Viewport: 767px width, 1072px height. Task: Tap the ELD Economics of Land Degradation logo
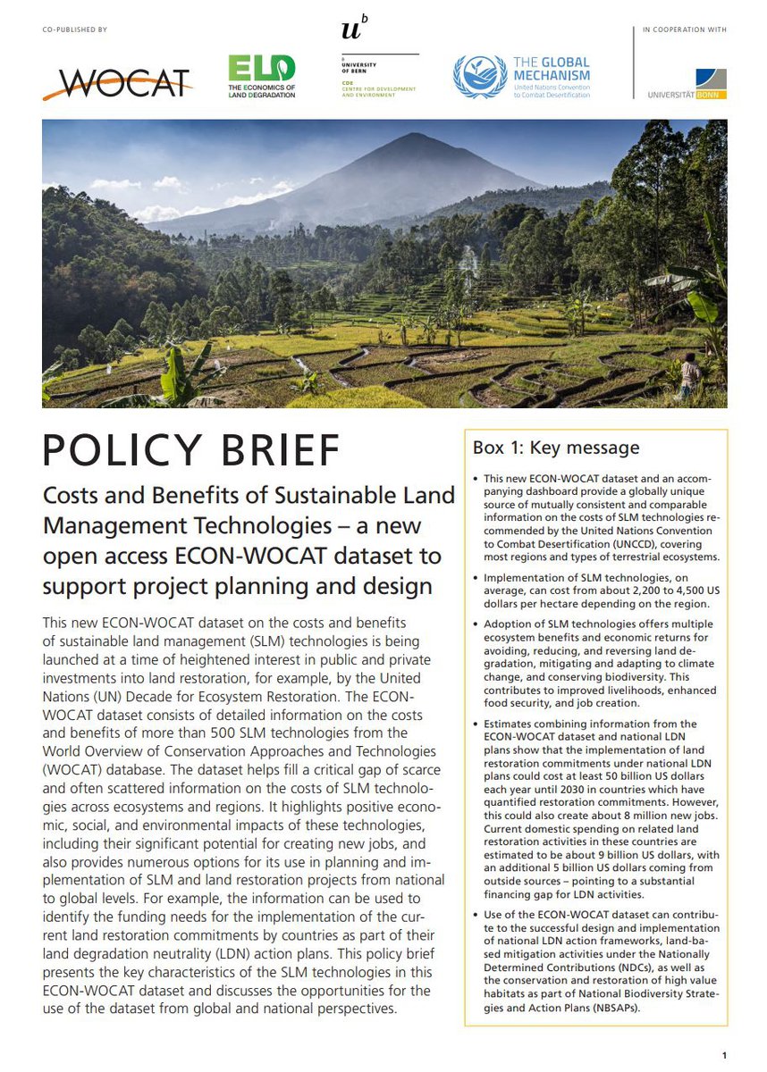tap(261, 76)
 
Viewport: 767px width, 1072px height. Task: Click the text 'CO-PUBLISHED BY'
tap(74, 30)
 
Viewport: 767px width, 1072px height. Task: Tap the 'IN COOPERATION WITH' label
tap(685, 30)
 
